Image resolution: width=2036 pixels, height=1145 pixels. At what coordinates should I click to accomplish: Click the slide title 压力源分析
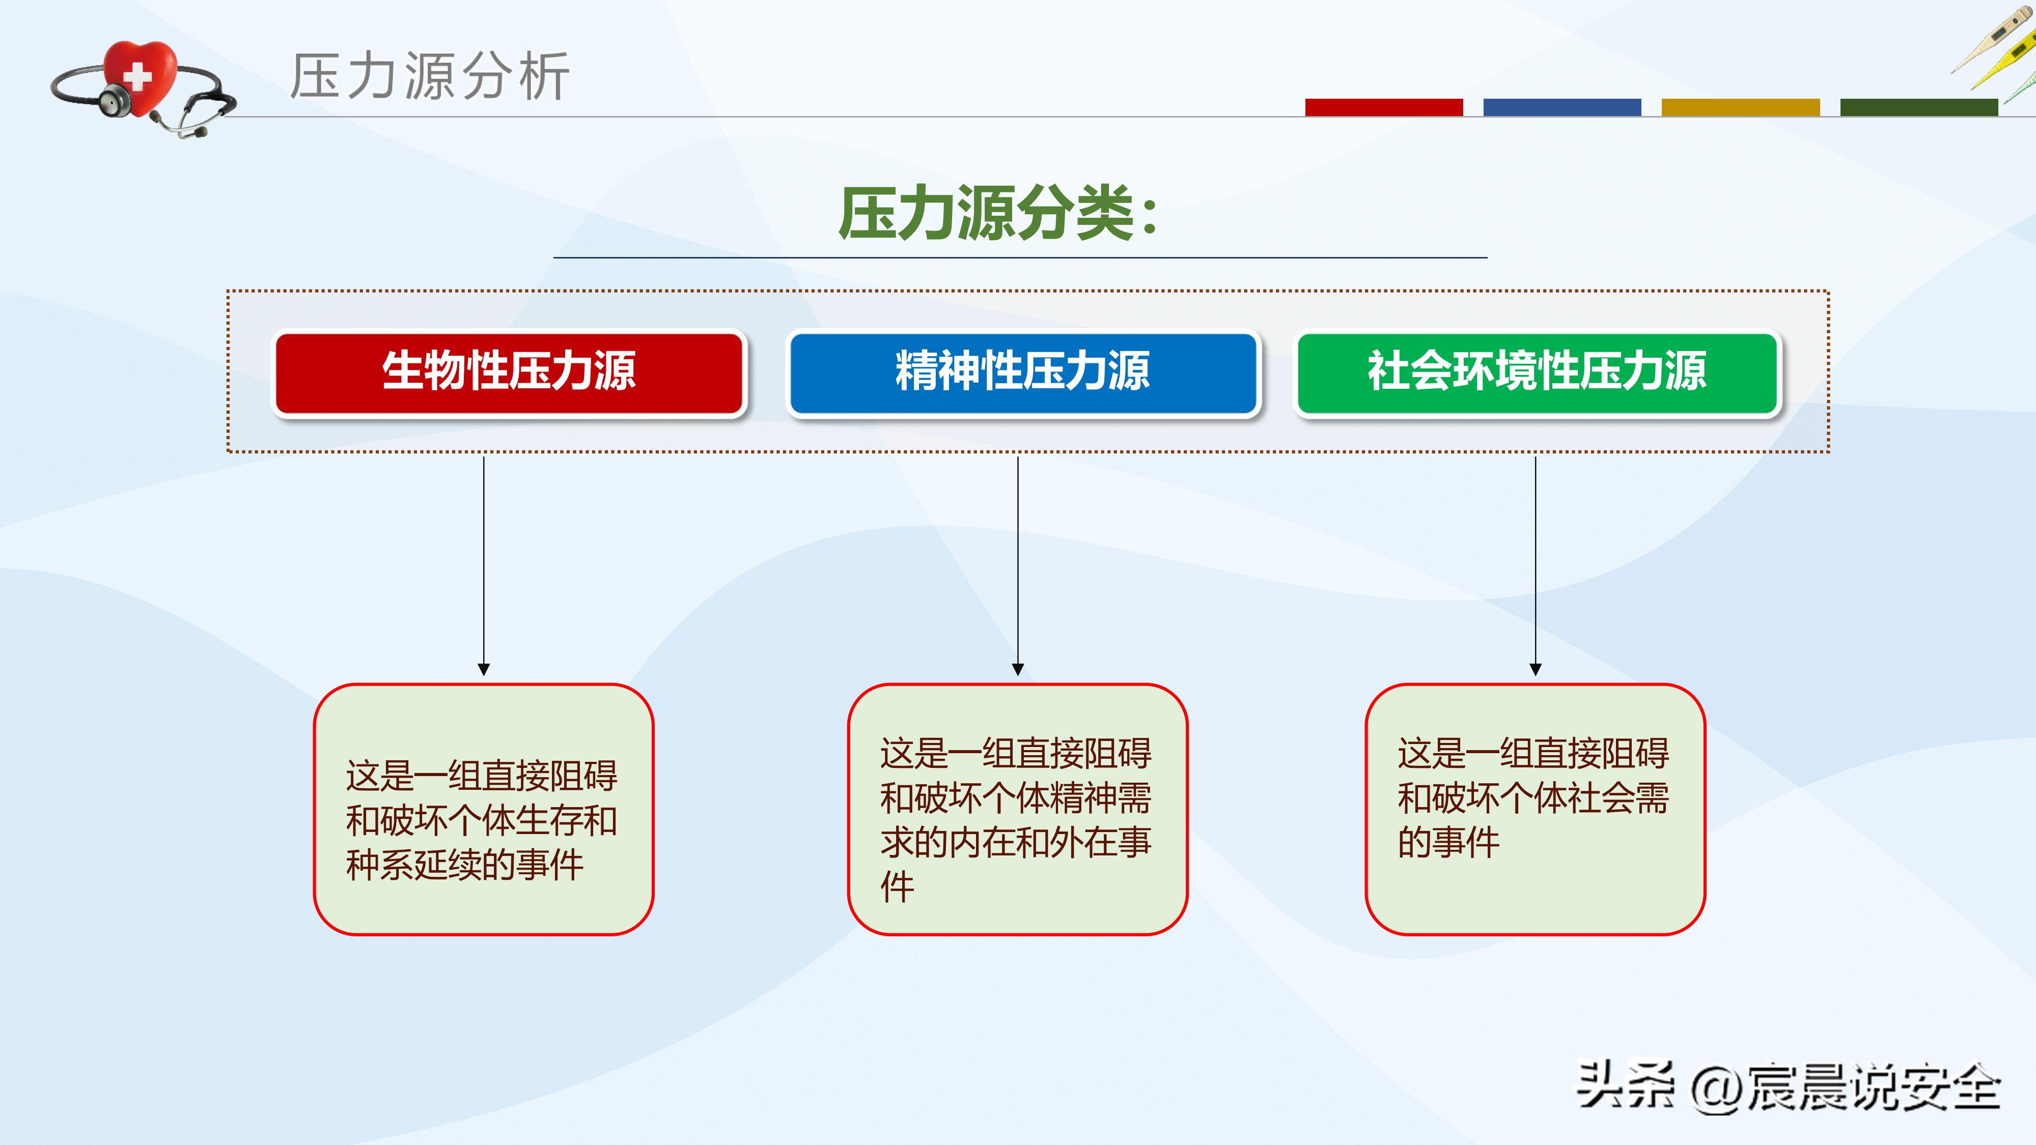coord(429,77)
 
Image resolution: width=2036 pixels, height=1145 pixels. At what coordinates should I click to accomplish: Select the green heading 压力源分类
coord(997,213)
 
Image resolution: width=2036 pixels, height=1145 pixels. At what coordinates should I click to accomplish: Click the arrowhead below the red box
coord(484,669)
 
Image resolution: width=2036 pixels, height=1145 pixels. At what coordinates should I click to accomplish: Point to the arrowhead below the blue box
coord(1018,669)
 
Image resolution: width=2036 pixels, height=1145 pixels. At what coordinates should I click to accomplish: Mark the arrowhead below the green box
coord(1536,669)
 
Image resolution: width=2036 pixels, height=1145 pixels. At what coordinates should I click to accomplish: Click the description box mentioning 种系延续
coord(484,810)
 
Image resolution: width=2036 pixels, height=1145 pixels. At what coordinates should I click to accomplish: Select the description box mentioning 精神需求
coord(1017,810)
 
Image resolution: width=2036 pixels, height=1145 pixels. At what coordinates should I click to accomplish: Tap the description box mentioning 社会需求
coord(1535,810)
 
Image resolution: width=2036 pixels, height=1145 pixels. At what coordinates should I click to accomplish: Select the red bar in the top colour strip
coord(1383,107)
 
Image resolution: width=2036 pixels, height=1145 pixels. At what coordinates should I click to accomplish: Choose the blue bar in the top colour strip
coord(1562,107)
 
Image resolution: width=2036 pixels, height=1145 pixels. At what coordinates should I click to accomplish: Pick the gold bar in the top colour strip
coord(1740,107)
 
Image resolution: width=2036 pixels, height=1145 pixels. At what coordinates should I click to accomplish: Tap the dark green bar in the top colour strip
coord(1918,107)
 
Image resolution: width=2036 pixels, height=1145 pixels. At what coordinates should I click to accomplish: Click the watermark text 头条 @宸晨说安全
coord(1788,1087)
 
